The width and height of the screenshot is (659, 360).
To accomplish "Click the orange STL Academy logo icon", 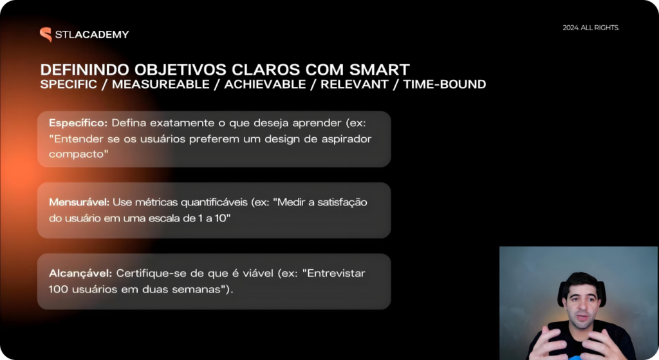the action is (46, 35).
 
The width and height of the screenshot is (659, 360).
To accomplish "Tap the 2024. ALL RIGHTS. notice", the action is (591, 28).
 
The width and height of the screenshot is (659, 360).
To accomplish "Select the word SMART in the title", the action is (380, 70).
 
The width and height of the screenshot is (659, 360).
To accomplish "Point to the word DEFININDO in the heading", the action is (85, 70).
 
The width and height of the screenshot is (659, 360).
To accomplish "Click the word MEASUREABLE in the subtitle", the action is (160, 84).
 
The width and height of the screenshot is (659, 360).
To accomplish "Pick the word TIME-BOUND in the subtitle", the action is (445, 84).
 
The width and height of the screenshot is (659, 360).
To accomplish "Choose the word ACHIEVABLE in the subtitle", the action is (265, 84).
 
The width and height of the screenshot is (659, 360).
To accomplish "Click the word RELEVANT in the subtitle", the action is (355, 84).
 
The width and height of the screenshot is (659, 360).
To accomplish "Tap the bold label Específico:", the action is (78, 123).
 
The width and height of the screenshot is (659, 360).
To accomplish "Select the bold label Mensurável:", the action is (79, 202).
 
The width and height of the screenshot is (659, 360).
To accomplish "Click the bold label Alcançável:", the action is (80, 273).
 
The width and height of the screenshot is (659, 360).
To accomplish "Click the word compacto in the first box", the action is (76, 155).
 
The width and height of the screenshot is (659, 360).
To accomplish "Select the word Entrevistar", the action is (336, 273).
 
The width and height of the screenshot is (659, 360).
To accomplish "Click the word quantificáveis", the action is (214, 202).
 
